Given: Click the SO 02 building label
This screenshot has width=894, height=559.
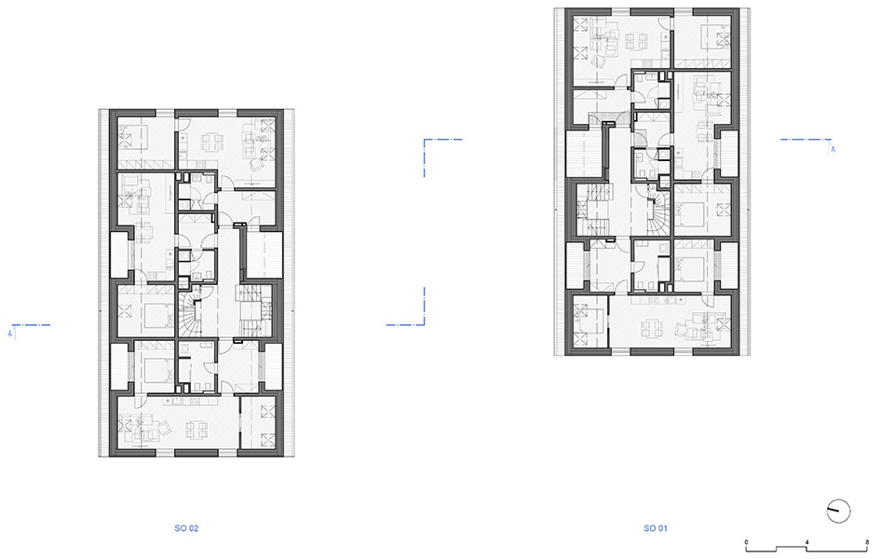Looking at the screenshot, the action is [x=186, y=528].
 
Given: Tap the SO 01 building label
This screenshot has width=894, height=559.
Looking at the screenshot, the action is [x=655, y=528].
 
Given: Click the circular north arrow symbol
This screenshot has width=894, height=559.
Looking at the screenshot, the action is [x=838, y=511].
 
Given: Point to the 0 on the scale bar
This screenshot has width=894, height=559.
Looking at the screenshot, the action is [x=746, y=542].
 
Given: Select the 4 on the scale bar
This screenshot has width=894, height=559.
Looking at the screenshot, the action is [x=806, y=542].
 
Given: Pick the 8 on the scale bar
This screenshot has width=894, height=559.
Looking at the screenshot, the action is [x=867, y=542].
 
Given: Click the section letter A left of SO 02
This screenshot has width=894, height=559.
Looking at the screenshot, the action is [x=9, y=334].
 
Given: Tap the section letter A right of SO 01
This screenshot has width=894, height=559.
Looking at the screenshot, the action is [x=833, y=149].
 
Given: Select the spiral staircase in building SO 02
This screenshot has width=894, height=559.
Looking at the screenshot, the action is [x=190, y=311].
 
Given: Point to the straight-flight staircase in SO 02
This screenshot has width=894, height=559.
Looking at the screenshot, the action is [x=251, y=311].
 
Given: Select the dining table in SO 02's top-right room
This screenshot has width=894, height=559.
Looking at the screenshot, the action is [x=212, y=142].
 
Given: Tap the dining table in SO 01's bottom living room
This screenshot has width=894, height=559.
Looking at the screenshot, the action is [x=652, y=328].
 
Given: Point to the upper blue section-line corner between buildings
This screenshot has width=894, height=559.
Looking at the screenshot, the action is [x=425, y=139].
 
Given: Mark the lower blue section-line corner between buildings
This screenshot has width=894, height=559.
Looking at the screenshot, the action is [x=425, y=324].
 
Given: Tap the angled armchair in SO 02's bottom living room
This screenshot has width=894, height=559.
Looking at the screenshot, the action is [x=164, y=428].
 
